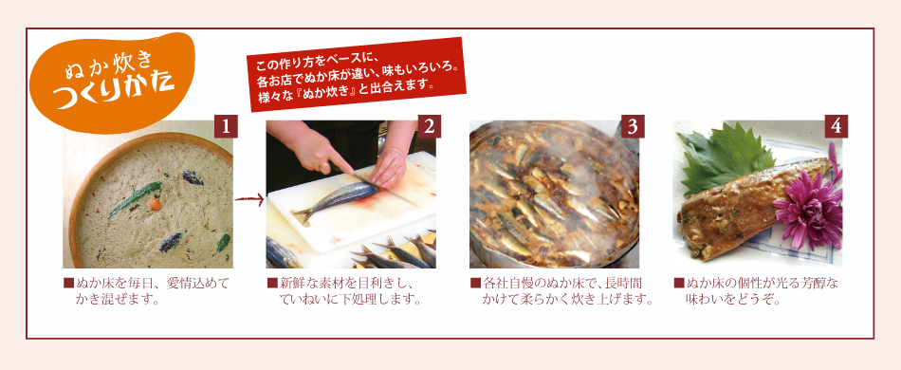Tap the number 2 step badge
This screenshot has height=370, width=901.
click(429, 126)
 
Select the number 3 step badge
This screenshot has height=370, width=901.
click(633, 126)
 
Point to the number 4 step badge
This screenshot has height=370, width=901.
click(836, 126)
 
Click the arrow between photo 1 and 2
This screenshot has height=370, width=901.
click(249, 200)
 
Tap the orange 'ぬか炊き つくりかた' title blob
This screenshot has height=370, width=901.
click(113, 81)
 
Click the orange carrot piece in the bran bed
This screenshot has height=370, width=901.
click(156, 203)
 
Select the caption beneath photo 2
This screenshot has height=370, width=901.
click(344, 290)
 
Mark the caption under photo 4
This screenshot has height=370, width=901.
click(756, 290)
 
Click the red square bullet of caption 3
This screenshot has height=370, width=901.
click(475, 283)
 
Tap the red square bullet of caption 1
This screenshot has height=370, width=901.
click(68, 283)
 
